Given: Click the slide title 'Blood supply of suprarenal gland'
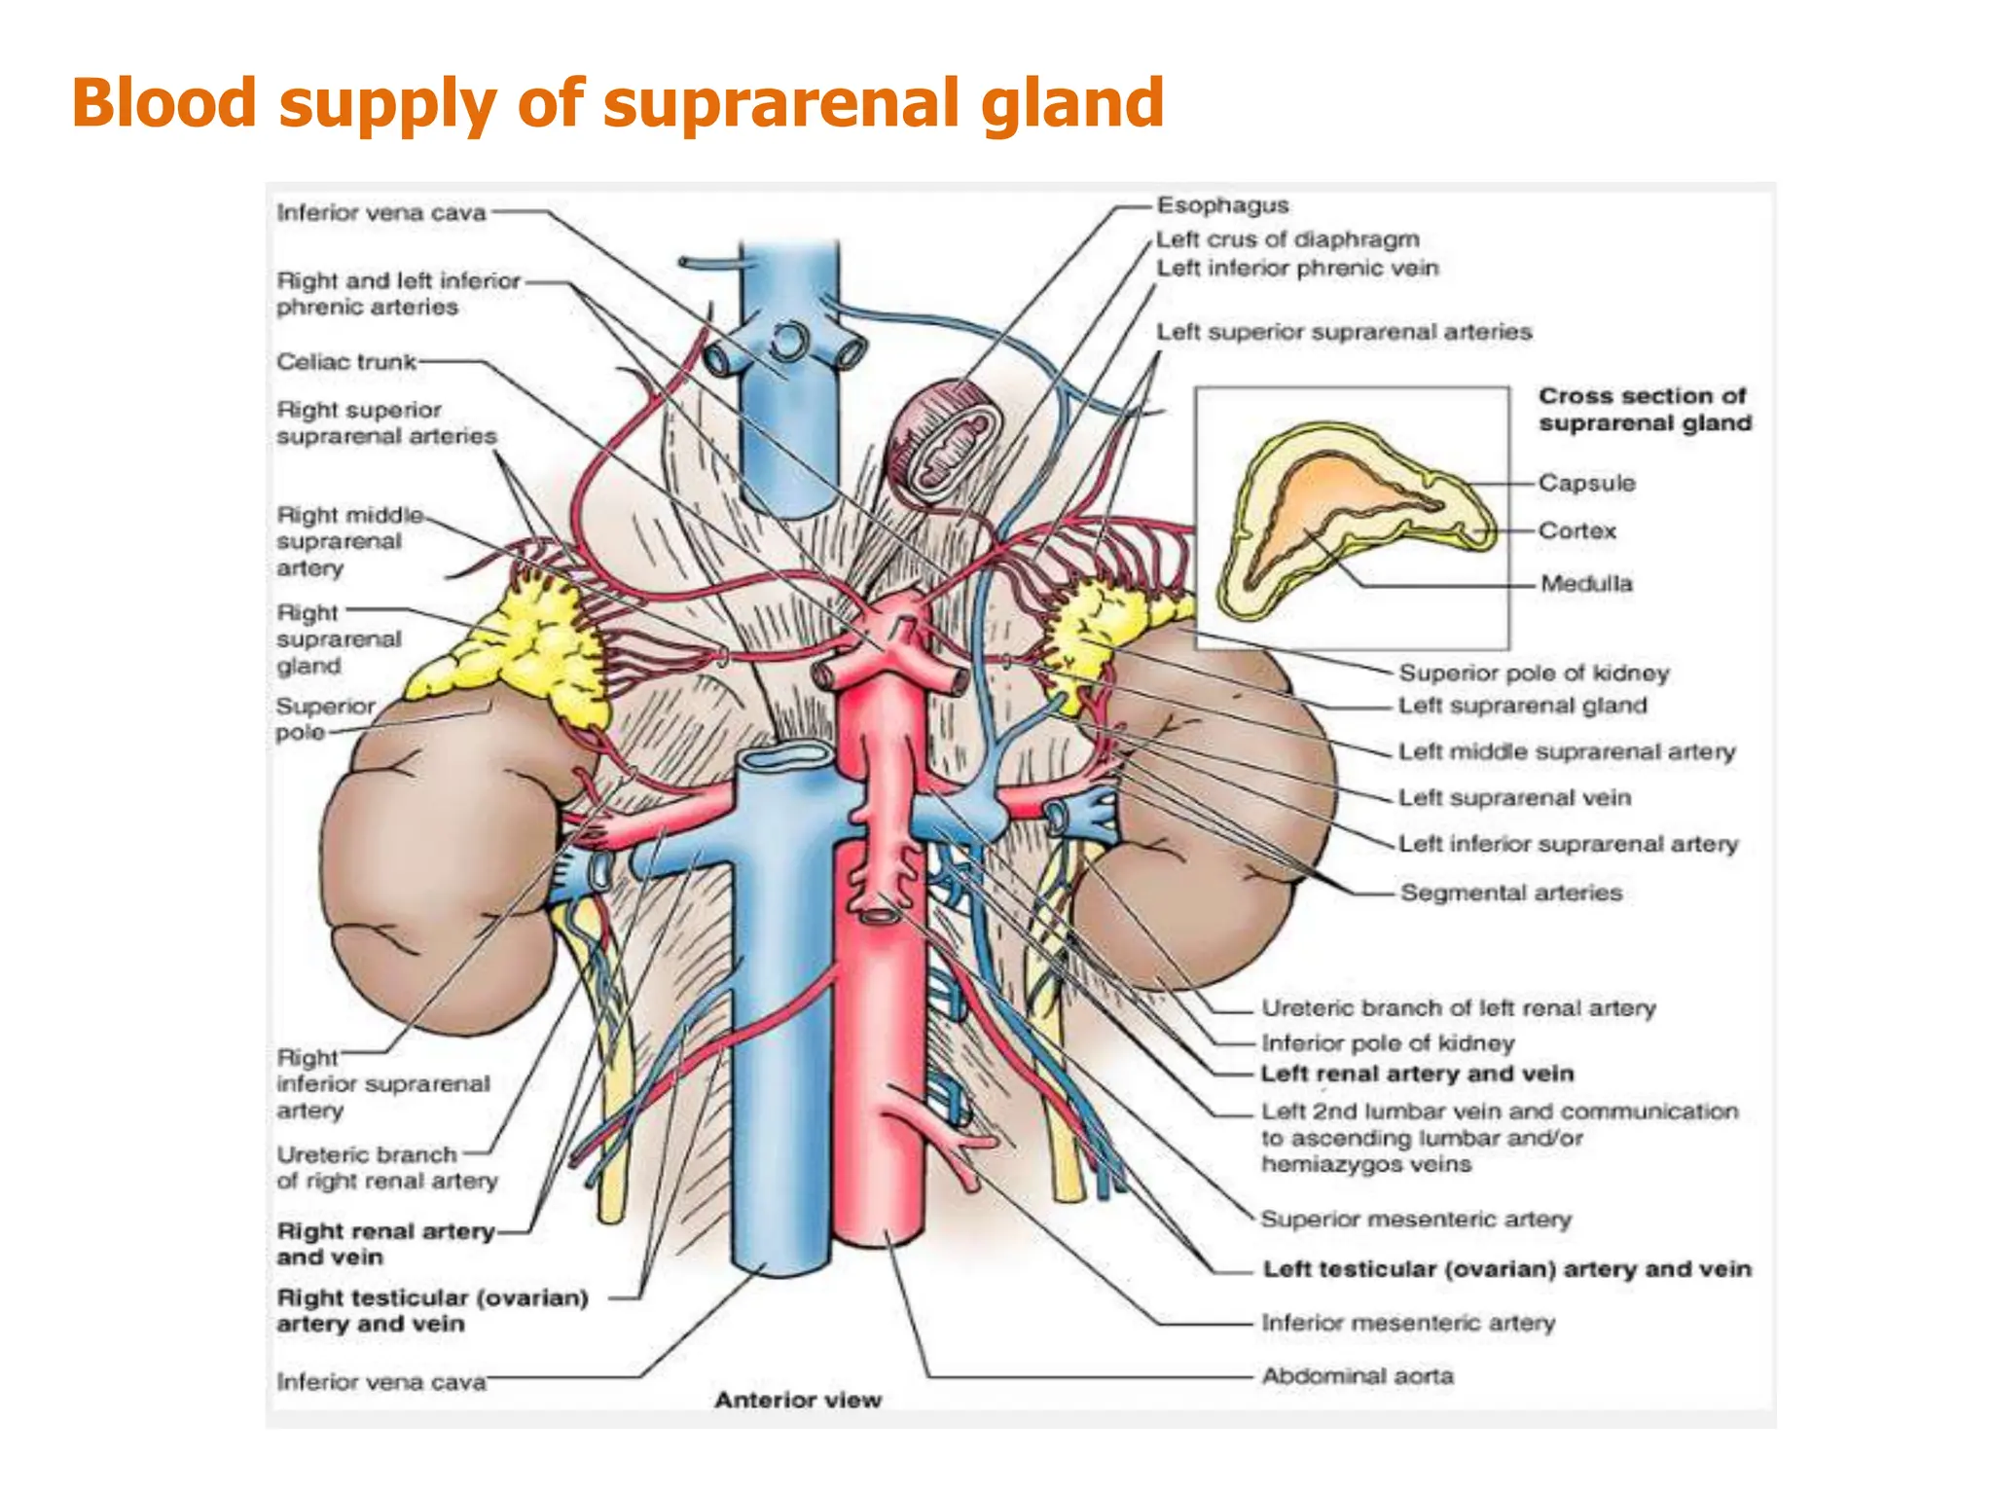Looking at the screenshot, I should point(617,103).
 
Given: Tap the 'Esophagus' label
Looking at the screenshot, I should point(1222,205).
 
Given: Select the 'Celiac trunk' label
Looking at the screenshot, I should point(346,362).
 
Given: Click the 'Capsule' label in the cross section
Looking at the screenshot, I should point(1586,483).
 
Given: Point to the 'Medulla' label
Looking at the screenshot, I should point(1586,584).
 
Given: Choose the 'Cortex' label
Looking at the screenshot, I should point(1576,531).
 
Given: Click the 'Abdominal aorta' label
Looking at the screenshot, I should point(1358,1376).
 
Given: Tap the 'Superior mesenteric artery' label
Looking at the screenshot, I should point(1416,1220).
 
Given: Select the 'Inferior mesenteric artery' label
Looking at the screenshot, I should point(1408,1323).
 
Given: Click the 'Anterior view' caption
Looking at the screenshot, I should point(798,1400).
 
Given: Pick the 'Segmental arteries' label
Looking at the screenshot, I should point(1511,893).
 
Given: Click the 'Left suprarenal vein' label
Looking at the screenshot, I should point(1514,798).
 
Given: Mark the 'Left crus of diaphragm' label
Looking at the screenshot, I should point(1287,239).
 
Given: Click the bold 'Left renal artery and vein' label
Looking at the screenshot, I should point(1417,1074).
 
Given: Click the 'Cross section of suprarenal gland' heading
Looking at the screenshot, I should point(1645,410).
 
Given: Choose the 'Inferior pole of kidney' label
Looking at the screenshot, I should point(1388,1043).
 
